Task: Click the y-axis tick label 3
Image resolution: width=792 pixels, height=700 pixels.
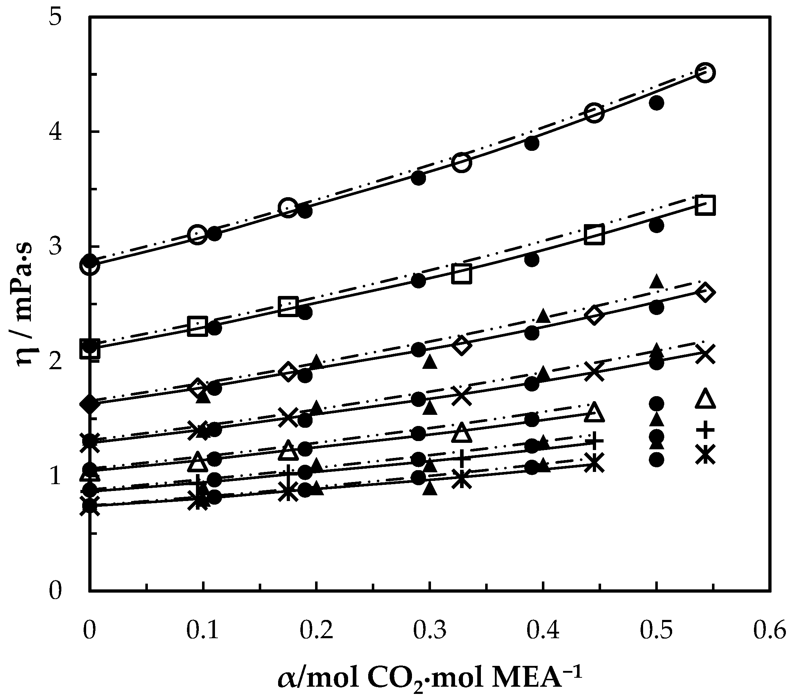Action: [55, 247]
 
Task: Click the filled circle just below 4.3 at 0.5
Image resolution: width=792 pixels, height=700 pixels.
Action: [656, 103]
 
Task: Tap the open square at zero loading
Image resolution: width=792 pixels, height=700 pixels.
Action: [90, 349]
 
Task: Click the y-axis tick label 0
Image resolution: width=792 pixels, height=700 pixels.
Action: [55, 591]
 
